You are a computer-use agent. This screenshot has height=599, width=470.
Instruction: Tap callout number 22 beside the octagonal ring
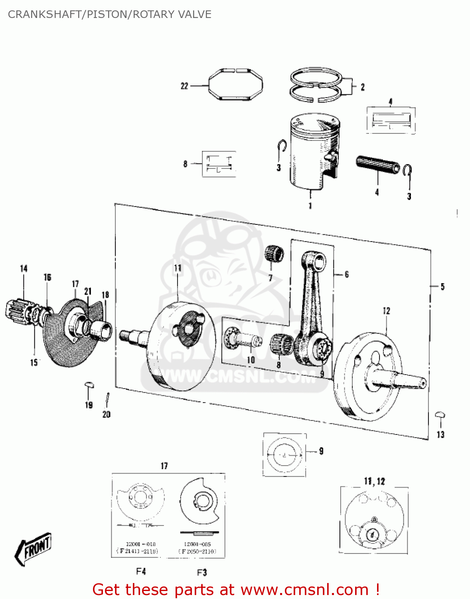coord(184,86)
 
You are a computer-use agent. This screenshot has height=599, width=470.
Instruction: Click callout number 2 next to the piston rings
coord(362,87)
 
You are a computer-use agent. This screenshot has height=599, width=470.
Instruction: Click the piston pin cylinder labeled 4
coord(377,165)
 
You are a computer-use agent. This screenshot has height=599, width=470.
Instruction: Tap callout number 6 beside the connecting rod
coord(346,274)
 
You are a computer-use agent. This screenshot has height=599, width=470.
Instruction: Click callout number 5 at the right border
coord(442,286)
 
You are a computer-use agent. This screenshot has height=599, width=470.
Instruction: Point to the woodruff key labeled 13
coord(440,415)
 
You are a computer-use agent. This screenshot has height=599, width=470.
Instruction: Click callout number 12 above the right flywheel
coord(386,311)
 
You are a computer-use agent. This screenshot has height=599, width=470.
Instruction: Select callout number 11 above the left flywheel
coord(178,268)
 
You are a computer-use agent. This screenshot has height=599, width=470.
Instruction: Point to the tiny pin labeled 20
coord(107,398)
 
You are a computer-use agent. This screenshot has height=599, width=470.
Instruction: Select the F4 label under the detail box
coord(141,571)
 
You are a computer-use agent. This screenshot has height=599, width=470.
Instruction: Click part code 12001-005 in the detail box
coord(197,544)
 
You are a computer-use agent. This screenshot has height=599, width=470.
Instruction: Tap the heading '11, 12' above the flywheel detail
coord(374,481)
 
